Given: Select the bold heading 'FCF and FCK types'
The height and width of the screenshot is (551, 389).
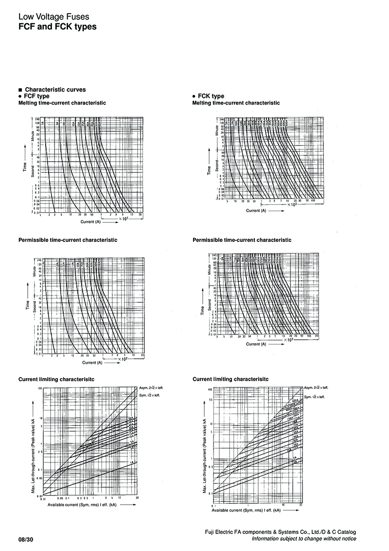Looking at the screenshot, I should point(57,27).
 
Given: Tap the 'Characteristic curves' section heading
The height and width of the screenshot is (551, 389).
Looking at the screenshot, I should point(55,90).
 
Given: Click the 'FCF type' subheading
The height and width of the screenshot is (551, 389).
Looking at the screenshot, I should point(36,96).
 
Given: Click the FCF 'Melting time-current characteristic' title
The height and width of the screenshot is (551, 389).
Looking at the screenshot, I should point(62,103).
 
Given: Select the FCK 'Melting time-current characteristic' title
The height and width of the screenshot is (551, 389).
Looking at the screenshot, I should point(236,103).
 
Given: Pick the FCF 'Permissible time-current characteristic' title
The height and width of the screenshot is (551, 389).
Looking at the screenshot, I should point(68,240).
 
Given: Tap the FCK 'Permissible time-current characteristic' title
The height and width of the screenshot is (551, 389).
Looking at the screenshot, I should point(242,240).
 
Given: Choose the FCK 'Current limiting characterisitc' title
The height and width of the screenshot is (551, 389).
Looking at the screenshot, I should point(230,379).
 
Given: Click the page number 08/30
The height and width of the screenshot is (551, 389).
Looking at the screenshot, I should point(26,539).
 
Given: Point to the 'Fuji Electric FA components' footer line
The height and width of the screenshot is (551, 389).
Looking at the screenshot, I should point(281,533).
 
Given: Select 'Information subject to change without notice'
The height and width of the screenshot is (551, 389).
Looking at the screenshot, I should point(303,539).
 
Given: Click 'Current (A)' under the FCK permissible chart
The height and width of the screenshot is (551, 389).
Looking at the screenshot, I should point(256,344).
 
